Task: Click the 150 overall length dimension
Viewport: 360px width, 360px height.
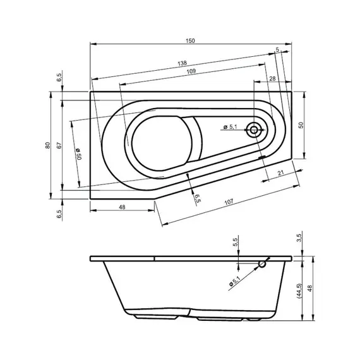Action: [x=191, y=40]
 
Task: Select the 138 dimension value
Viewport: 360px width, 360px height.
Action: [x=182, y=64]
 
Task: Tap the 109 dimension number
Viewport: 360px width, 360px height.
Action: [x=191, y=71]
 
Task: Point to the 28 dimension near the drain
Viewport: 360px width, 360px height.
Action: [x=272, y=78]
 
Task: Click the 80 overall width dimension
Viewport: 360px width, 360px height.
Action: [x=47, y=145]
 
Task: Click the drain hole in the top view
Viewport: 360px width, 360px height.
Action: [x=255, y=131]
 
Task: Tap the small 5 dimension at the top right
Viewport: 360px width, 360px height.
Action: [x=277, y=49]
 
